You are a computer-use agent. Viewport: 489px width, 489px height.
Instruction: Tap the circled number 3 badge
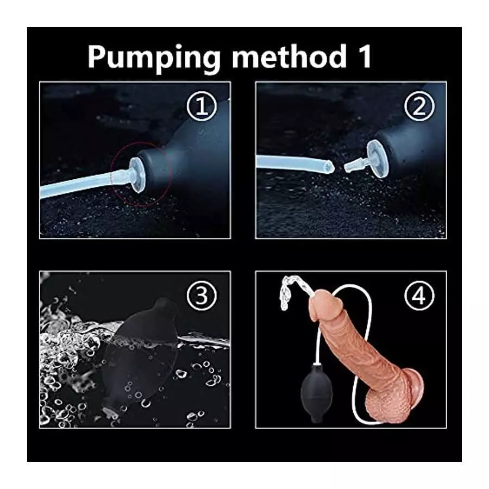coord(202,296)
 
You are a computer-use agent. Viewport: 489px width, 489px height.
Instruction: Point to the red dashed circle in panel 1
coord(142,174)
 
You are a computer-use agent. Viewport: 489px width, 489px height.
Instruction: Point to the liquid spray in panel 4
coord(288,296)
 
